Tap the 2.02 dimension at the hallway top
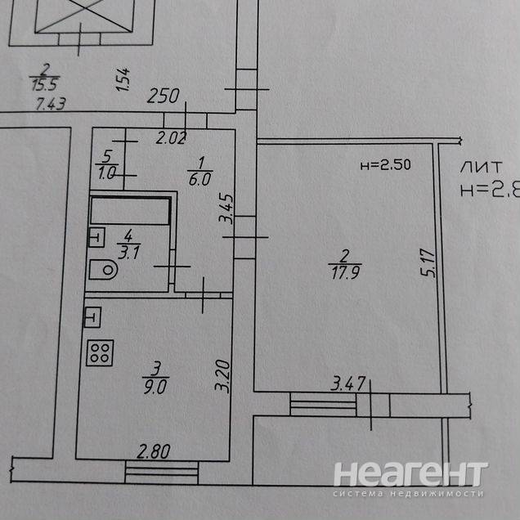[170, 139]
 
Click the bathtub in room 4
[130, 209]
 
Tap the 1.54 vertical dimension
[123, 81]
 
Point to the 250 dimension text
[164, 96]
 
